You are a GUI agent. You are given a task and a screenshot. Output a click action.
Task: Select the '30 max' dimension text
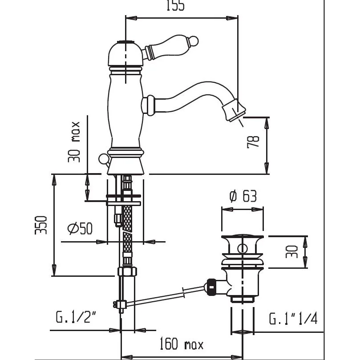(x=74, y=141)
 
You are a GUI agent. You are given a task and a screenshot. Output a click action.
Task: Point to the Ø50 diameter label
(x=80, y=228)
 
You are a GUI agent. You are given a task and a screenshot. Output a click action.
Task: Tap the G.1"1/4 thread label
(x=293, y=319)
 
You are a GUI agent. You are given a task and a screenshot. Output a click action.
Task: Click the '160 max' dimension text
(x=181, y=344)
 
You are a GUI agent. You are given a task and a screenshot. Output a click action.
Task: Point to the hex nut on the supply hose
(x=127, y=272)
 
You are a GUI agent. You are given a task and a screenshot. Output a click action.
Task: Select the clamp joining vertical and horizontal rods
(x=120, y=304)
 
